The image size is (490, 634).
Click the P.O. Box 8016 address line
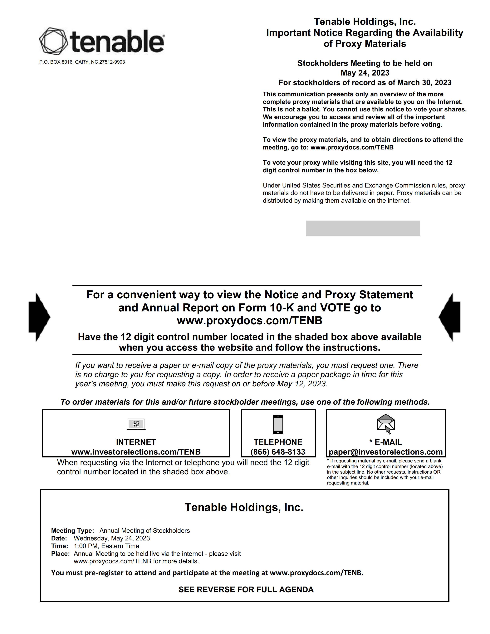coord(82,62)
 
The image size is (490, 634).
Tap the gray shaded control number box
coord(363,228)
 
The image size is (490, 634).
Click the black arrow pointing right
coord(39,317)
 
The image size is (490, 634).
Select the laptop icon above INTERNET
coord(136,424)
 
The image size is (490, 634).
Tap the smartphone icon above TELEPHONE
coord(278,424)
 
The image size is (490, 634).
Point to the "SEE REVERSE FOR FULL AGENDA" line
coord(246,590)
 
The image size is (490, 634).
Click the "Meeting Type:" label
coord(73,531)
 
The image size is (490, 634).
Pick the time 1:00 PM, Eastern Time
coord(106,546)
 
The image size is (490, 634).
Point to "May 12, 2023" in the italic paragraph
coord(302,384)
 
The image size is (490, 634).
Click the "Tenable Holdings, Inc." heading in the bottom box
coord(244,507)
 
